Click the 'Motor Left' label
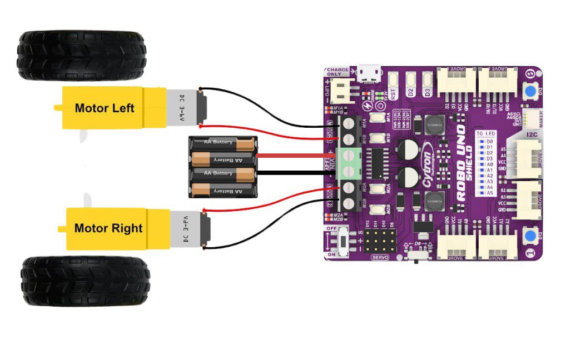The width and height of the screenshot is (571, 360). pyautogui.click(x=105, y=108)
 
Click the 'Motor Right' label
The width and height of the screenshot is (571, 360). pyautogui.click(x=108, y=228)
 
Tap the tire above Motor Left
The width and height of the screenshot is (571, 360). pyautogui.click(x=82, y=56)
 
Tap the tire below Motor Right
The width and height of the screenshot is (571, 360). pyautogui.click(x=85, y=281)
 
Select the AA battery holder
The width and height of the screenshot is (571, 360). pyautogui.click(x=223, y=167)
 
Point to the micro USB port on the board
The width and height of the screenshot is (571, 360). pyautogui.click(x=369, y=72)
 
